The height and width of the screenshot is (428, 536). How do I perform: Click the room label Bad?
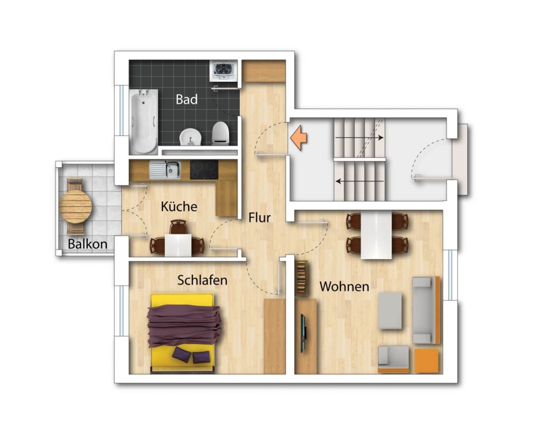tap(187, 99)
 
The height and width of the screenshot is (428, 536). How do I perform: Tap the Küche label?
tap(179, 206)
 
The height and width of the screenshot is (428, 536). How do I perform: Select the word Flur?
tap(259, 218)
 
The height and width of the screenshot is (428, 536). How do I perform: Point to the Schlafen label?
tap(202, 280)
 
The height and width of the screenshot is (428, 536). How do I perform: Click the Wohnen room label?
tap(344, 287)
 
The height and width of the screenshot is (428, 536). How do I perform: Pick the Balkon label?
tap(88, 244)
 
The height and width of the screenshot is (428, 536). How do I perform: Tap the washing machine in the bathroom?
tap(224, 70)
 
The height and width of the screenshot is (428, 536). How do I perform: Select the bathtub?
tap(144, 122)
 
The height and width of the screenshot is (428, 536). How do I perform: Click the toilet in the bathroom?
tap(220, 133)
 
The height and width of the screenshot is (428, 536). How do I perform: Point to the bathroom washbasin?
tap(191, 137)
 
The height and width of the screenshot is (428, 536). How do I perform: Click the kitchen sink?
tap(165, 170)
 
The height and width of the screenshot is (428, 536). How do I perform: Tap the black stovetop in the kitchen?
tap(204, 170)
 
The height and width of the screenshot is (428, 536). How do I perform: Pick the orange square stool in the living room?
tap(426, 361)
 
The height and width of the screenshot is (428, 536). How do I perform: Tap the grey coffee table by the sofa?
tap(390, 311)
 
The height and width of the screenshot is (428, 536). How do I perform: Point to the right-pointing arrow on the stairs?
tap(359, 138)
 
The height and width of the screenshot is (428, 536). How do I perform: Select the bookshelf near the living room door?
tap(301, 278)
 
